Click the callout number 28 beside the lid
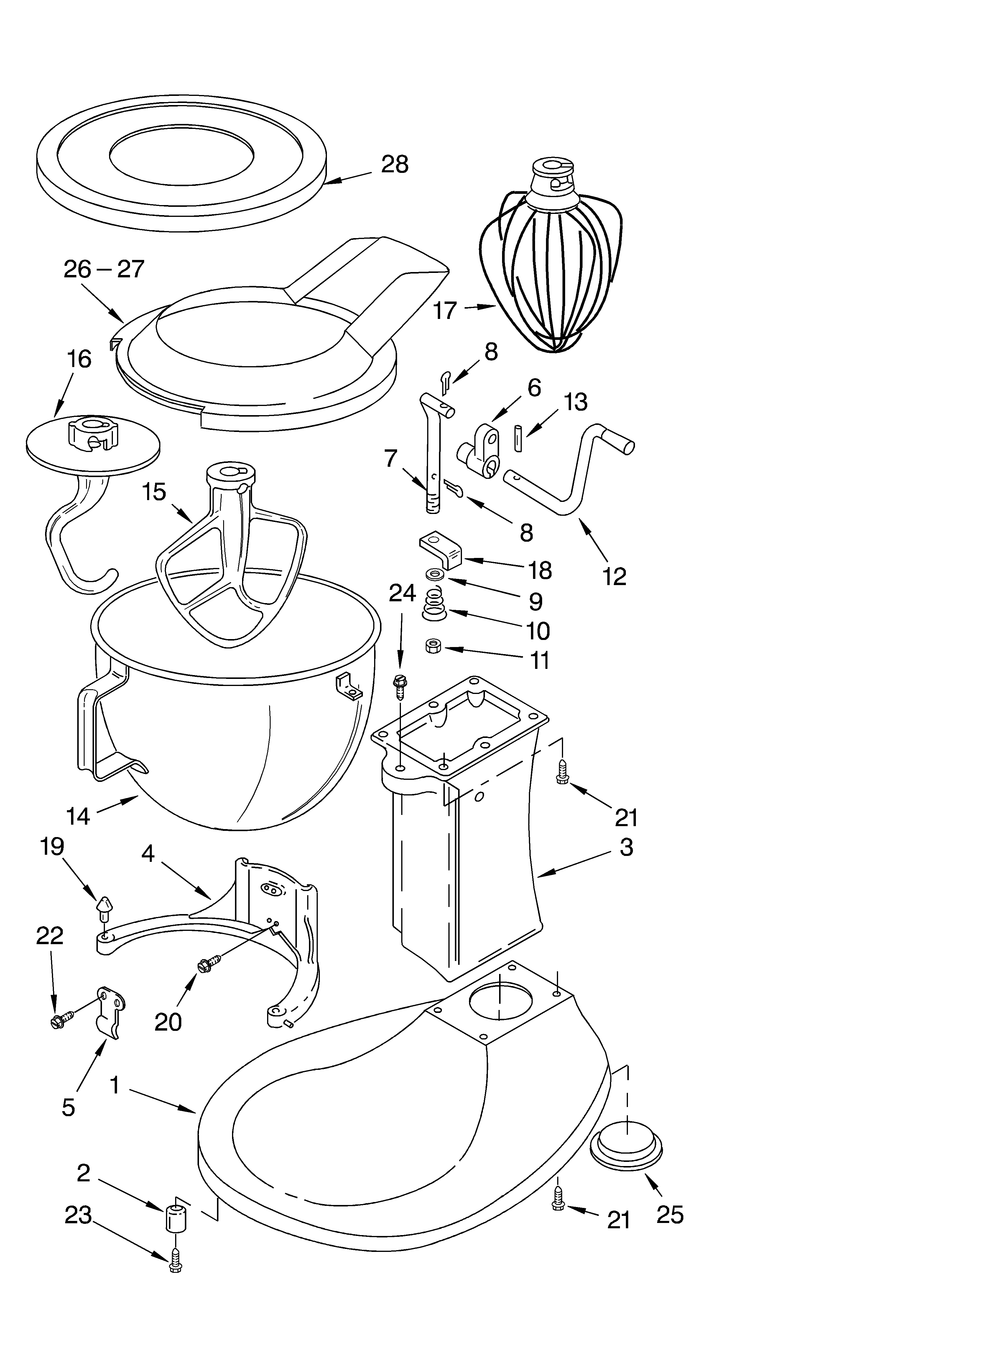[x=395, y=164]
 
